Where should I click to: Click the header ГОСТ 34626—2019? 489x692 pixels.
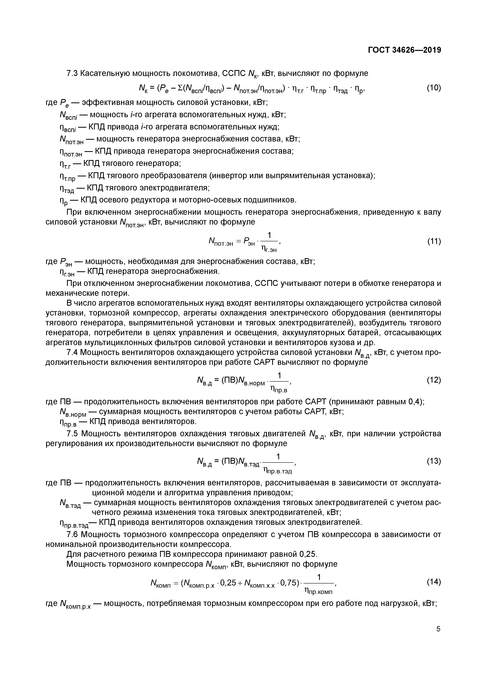pos(404,50)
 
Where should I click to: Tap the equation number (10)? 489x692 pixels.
pos(434,88)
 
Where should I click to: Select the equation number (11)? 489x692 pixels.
pos(434,241)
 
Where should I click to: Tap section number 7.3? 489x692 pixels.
pos(72,73)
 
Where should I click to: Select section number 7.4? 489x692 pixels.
pos(72,352)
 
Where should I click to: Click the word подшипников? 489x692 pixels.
pos(265,200)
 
